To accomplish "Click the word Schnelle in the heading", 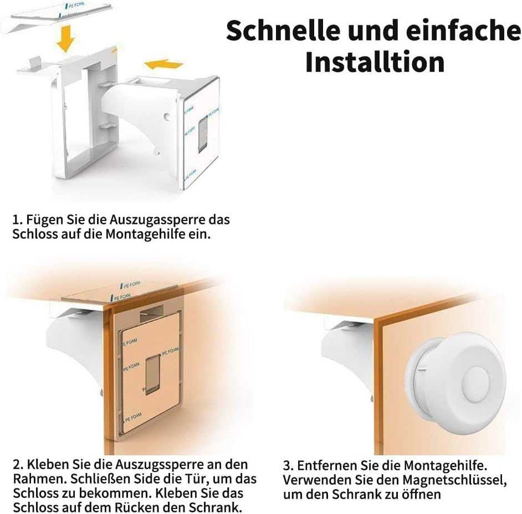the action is pos(283,30).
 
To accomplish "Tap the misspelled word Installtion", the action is pos(375,62).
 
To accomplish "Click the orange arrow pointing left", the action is pos(164,64).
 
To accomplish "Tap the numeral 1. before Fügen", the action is pos(17,220).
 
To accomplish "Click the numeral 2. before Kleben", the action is pos(18,465).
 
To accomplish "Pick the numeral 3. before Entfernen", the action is pos(288,465).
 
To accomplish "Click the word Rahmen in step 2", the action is pos(37,479).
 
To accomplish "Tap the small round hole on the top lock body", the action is pos(167,117).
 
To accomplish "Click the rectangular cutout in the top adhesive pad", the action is pos(203,135).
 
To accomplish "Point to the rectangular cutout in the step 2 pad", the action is pos(152,374).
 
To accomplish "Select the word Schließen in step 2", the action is pos(99,479).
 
